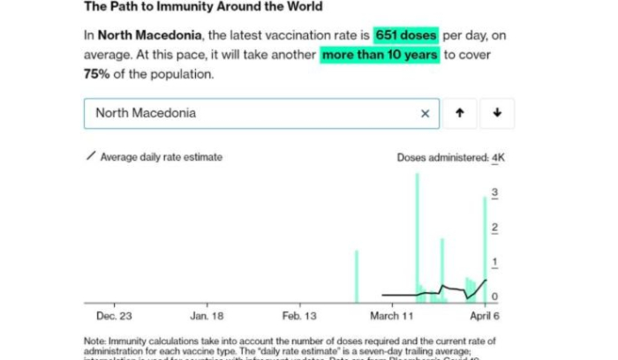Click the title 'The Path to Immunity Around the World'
point(202,7)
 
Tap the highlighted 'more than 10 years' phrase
point(380,55)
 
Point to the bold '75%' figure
point(99,74)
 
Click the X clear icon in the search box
point(425,113)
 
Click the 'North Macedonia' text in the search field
point(146,113)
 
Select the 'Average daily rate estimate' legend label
point(161,157)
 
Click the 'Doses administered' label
point(442,158)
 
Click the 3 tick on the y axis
point(495,192)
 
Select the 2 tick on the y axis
point(495,228)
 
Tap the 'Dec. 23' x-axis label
point(114,315)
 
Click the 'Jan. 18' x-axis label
point(206,315)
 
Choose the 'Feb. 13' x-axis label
point(299,315)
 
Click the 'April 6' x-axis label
point(484,315)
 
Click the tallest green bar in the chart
point(417,238)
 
